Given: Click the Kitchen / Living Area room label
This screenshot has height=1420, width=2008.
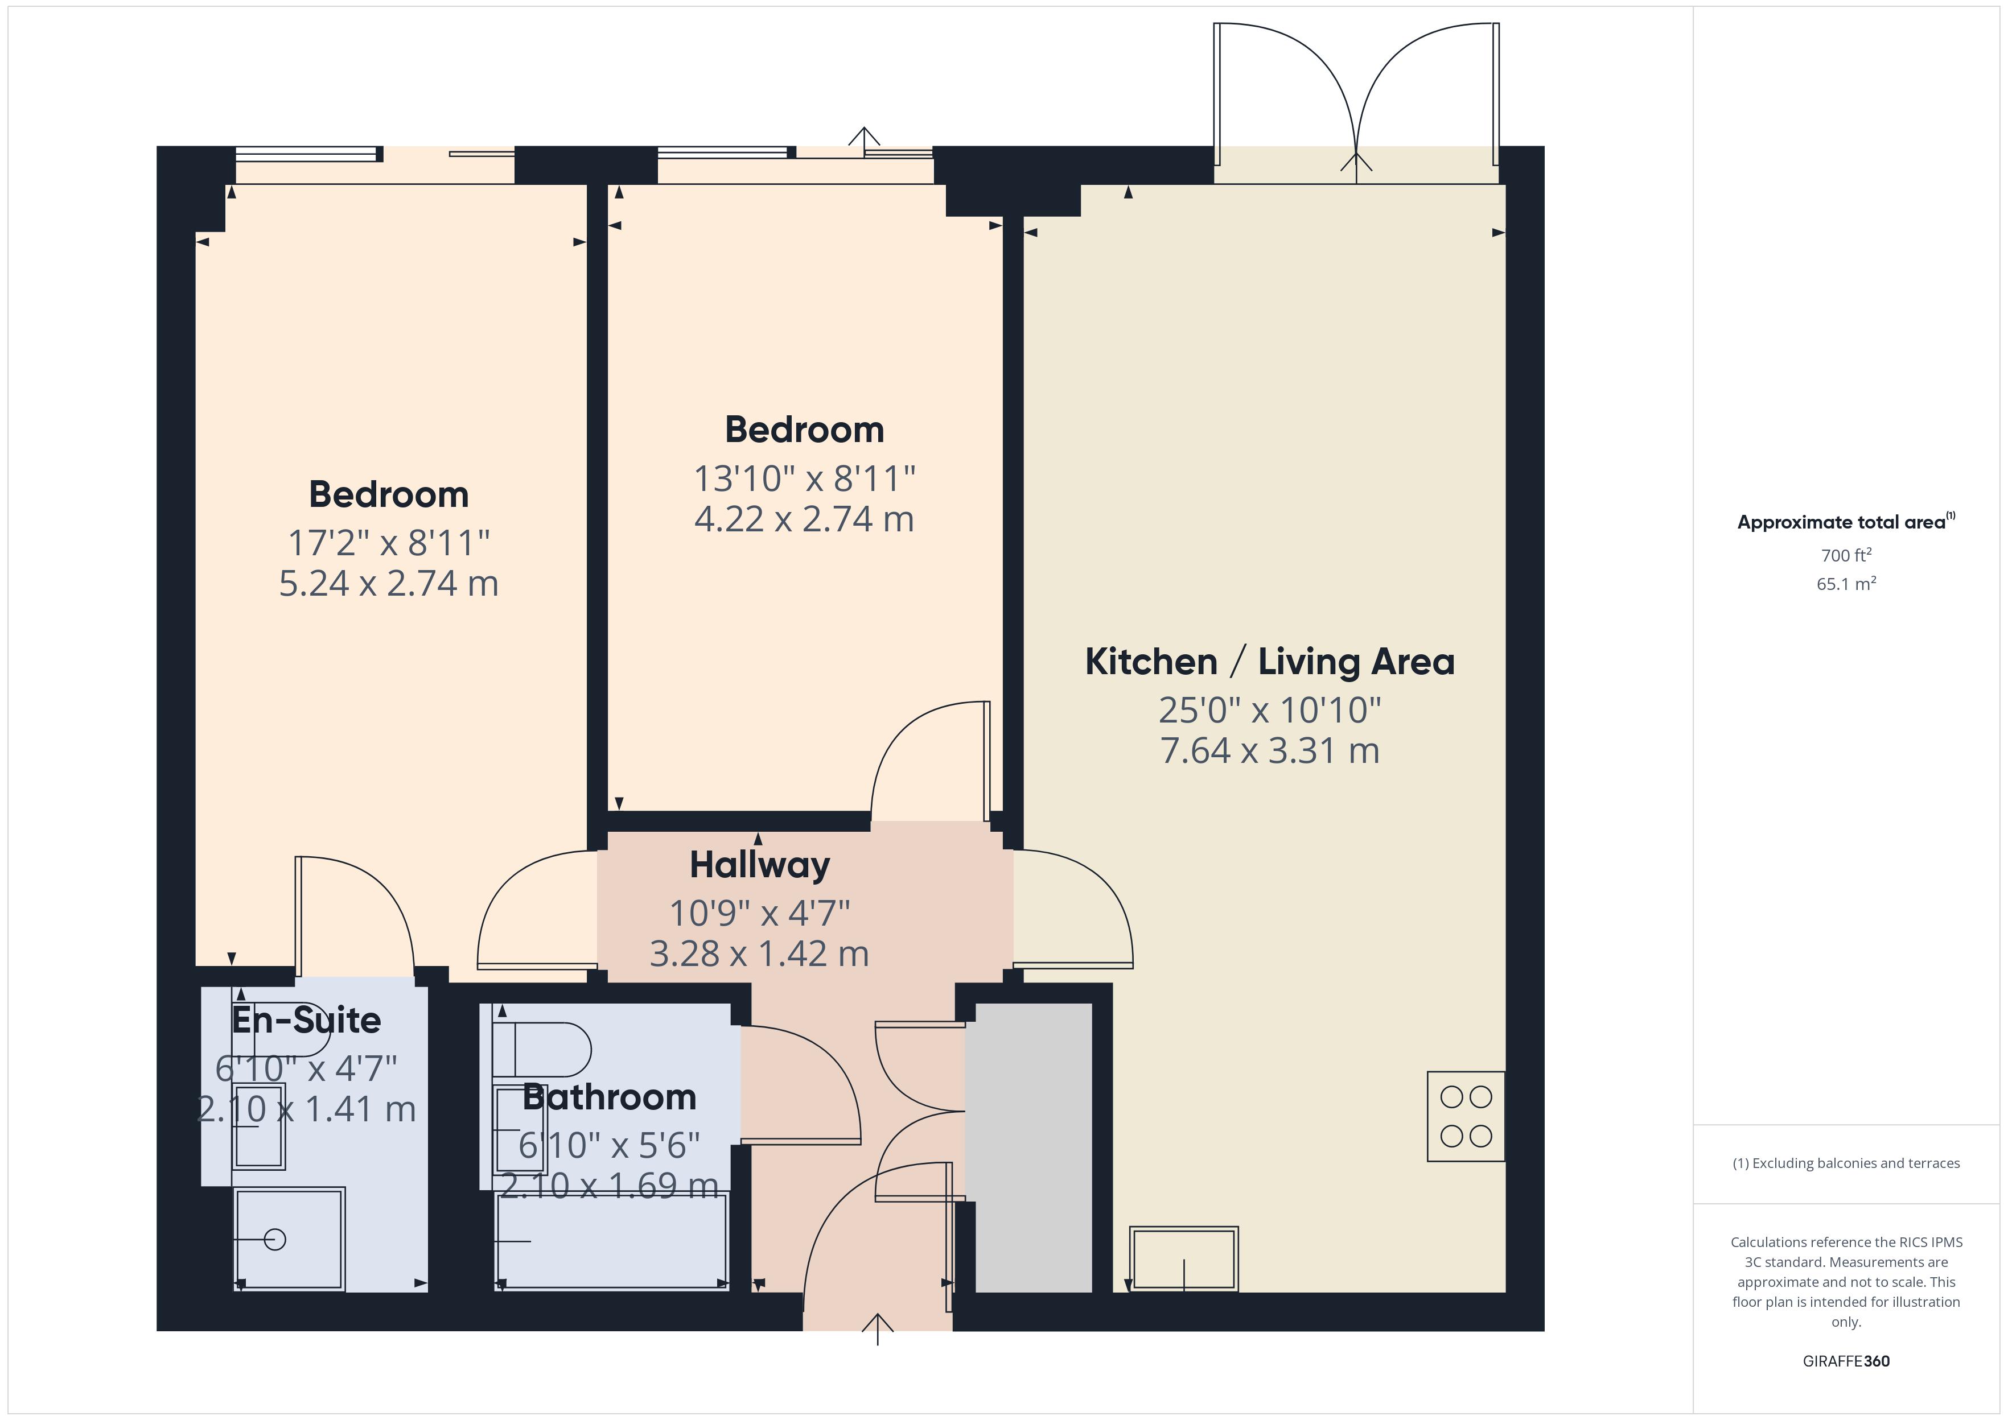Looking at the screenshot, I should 1269,662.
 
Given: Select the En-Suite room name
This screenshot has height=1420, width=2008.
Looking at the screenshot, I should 306,1019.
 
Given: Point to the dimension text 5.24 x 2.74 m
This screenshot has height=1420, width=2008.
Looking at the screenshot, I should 388,583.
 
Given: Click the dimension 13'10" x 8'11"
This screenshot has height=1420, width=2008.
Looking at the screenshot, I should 804,478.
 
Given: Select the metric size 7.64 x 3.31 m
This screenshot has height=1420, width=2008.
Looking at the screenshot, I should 1269,750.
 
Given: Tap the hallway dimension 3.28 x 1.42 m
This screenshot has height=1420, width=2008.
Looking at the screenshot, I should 759,953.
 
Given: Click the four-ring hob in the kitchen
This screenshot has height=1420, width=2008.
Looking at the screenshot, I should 1465,1116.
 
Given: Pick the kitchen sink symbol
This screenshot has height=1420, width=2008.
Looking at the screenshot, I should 1183,1258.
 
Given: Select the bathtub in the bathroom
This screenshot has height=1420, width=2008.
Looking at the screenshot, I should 611,1240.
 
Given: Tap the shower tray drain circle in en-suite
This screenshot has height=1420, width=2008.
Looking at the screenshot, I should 274,1239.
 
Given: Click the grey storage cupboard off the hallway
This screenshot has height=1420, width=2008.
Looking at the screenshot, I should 1033,1146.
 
